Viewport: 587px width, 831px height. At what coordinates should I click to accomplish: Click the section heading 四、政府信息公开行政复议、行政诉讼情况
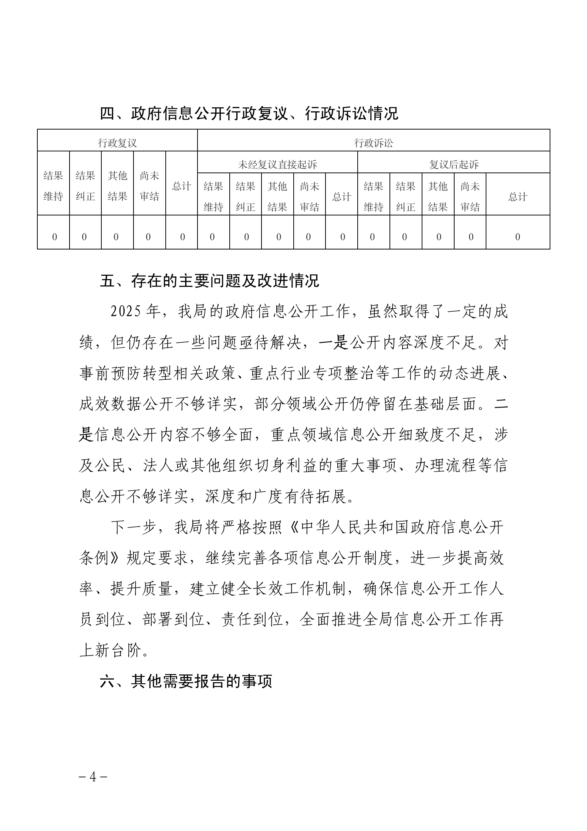pos(249,114)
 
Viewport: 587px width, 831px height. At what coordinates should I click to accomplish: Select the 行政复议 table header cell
pos(117,143)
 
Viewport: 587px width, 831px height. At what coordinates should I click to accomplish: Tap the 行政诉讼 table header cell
pos(374,143)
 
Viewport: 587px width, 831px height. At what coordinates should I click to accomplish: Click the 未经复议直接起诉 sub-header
pos(277,164)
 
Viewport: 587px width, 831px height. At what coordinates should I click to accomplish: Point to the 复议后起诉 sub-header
pos(453,164)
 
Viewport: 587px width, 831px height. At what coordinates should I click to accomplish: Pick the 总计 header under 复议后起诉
pos(517,197)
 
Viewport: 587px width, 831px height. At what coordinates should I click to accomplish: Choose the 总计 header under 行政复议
pos(182,186)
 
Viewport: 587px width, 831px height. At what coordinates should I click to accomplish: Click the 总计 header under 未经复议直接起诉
pos(341,197)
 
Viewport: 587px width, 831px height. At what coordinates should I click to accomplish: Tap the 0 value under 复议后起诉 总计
pos(517,237)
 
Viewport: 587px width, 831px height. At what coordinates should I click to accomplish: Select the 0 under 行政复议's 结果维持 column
pos(54,237)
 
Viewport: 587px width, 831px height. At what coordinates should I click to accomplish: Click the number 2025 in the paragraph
pos(126,312)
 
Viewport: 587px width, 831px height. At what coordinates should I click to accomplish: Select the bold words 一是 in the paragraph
pos(333,343)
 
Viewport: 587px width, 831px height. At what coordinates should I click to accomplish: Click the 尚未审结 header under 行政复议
pos(149,186)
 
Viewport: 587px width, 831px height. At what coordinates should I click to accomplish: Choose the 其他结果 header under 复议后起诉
pos(438,197)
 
